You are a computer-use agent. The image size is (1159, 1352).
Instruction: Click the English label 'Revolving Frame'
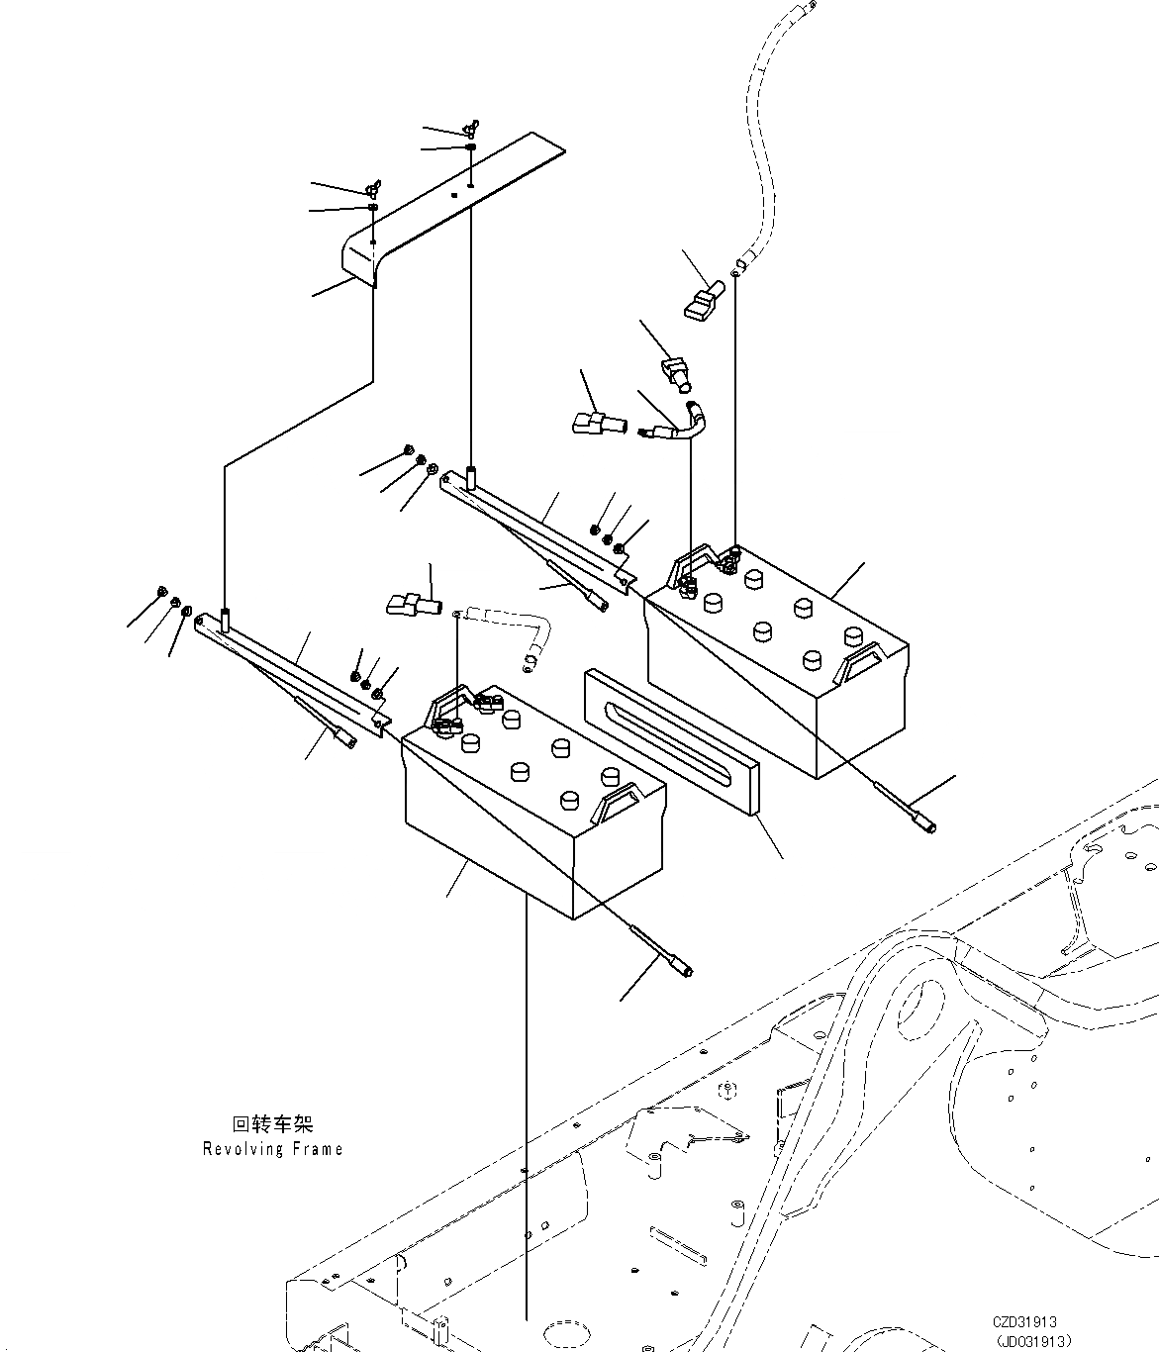[272, 1149]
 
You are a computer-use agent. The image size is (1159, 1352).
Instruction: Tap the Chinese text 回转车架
[272, 1125]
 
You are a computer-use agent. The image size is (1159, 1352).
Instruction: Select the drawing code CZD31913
[1025, 1321]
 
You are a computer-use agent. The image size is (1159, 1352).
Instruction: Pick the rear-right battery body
[792, 693]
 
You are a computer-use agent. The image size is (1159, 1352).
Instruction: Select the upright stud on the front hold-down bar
[225, 622]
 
